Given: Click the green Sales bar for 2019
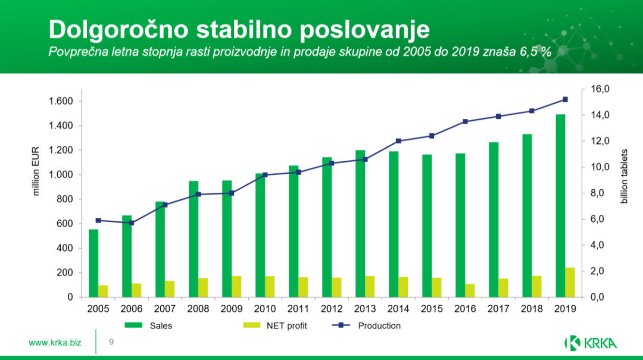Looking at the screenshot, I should pyautogui.click(x=560, y=205).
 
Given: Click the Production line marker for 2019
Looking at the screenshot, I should pyautogui.click(x=565, y=99).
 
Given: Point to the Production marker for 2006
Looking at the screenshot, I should pyautogui.click(x=132, y=223).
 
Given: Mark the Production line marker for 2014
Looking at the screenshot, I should pyautogui.click(x=398, y=141).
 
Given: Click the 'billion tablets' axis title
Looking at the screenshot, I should pyautogui.click(x=624, y=173).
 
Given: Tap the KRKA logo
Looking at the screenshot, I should pyautogui.click(x=591, y=343).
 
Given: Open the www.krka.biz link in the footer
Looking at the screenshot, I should pyautogui.click(x=55, y=343).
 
